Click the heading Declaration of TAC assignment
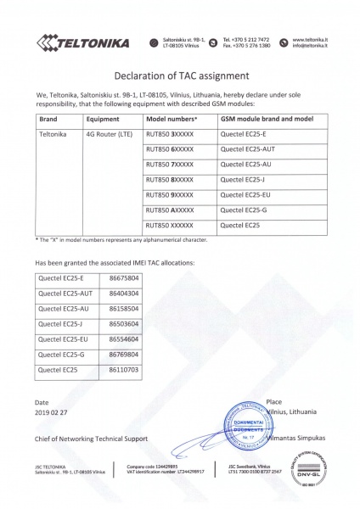tap(180, 74)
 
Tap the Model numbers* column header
tap(172, 120)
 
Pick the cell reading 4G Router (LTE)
tap(108, 134)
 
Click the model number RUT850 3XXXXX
tap(170, 134)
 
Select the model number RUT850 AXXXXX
tap(170, 210)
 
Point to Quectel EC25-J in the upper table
tap(243, 179)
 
